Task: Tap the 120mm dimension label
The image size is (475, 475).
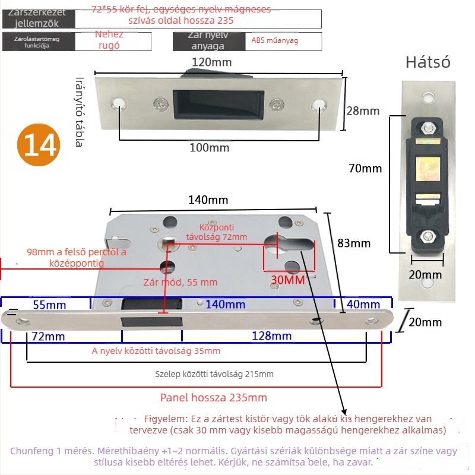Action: pos(212,62)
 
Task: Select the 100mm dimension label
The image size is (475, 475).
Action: pos(209,147)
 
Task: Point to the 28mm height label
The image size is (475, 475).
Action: pos(362,111)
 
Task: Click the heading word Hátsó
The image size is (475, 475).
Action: pos(428,62)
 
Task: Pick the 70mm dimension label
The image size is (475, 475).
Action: pos(365,168)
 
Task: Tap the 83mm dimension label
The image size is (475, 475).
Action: pos(354,243)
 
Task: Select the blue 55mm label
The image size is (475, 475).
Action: pos(49,305)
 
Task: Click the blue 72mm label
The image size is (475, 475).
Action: pos(49,336)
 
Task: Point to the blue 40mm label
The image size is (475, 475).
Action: pos(364,305)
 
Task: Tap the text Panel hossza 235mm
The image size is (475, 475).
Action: pos(214,397)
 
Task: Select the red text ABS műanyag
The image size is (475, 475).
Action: pos(275,40)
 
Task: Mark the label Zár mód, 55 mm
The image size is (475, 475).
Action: pos(180,283)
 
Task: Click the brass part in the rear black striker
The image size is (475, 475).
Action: pos(427,169)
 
